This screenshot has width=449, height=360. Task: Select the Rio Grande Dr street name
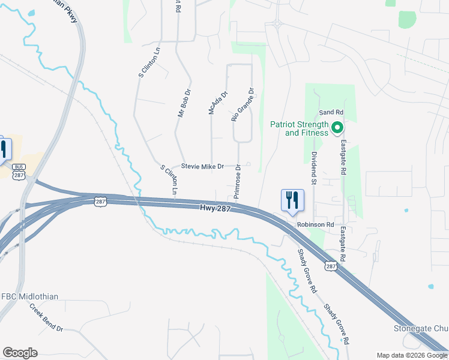pos(243,105)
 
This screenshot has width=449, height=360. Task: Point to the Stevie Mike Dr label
pos(202,166)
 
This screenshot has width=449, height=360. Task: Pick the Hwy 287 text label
pos(215,208)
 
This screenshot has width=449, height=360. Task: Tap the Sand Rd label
pos(331,112)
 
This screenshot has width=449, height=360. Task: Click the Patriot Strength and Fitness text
pos(299,128)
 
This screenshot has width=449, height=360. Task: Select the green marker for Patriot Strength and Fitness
pos(337,127)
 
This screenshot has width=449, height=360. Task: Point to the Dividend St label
pos(314,166)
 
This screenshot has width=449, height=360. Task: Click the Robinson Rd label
pos(315,224)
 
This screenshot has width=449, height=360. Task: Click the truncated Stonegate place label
pos(421,328)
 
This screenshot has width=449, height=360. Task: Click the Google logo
pos(20,353)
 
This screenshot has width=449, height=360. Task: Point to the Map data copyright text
pos(412,355)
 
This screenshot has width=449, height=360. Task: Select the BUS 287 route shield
pos(19,172)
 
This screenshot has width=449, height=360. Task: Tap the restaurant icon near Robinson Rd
pos(292,200)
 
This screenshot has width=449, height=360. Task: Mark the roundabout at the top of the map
pos(278,25)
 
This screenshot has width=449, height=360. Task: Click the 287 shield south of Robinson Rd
pos(331,266)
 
